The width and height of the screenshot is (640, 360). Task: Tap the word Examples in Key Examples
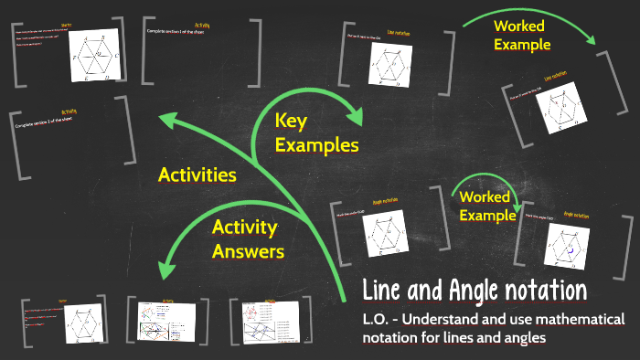316,144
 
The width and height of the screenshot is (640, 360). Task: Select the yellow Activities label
197,175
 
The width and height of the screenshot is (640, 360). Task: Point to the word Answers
248,249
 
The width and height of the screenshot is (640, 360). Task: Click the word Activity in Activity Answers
244,227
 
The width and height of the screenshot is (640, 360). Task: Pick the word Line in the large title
385,291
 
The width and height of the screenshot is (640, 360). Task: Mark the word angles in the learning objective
526,338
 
